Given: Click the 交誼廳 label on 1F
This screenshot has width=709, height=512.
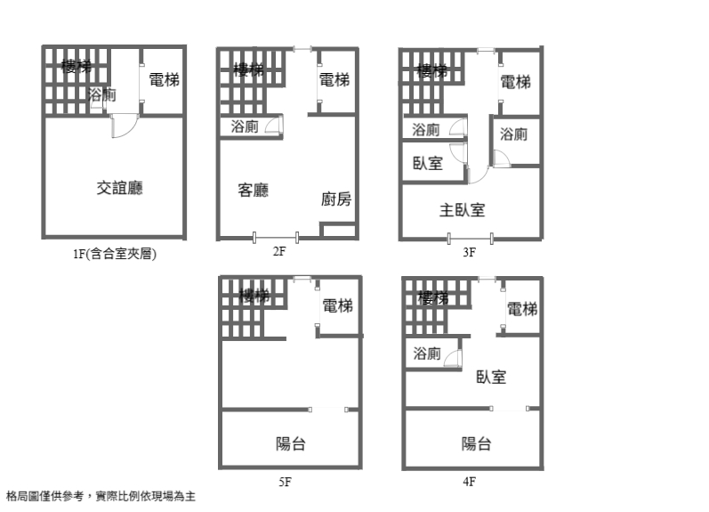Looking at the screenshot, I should coord(120,188).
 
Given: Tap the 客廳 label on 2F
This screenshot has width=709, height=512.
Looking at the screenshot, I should coord(254,190).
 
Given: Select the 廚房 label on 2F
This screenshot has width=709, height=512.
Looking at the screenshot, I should coord(336,199).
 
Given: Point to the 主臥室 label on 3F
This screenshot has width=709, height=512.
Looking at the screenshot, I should coord(462,210).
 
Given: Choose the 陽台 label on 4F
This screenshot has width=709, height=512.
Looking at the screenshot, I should coord(477,443).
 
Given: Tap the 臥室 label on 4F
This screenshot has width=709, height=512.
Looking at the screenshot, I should coord(491,377).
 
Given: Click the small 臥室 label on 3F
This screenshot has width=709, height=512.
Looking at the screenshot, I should coord(428,163).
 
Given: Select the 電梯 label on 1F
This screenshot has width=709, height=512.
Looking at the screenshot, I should coord(164,80).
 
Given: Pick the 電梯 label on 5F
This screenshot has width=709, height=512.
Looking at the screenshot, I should coord(338,306).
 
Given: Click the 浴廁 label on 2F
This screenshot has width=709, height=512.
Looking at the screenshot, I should coord(245,126).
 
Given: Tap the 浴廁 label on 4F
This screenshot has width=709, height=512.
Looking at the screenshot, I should coord(427,354).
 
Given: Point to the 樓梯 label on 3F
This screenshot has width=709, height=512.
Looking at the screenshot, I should coord(433,70).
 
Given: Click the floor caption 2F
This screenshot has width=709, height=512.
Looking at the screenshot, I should coord(278,252).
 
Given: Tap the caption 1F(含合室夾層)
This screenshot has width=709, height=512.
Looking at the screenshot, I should coord(115,254).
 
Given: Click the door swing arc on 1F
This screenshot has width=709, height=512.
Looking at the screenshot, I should coord(123,128).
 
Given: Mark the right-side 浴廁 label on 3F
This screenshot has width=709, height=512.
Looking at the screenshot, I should coord(513,134).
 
